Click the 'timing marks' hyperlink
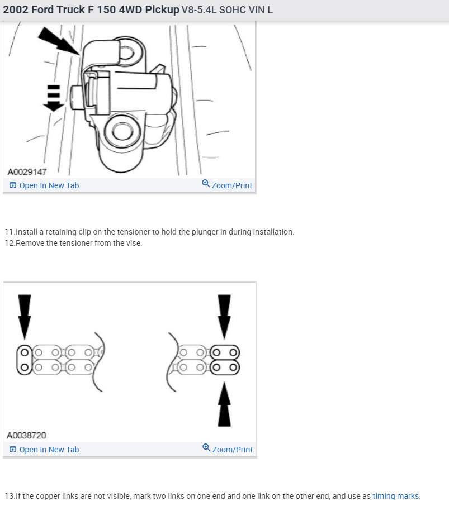[396, 496]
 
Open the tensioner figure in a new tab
[44, 185]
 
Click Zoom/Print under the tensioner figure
[227, 185]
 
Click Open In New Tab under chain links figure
[44, 450]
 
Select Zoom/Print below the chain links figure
[227, 450]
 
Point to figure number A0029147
[27, 171]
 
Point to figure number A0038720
[27, 436]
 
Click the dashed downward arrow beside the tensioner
[54, 98]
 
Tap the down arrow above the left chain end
[25, 316]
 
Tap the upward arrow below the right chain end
[224, 404]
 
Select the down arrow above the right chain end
[224, 316]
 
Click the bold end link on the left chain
[24, 360]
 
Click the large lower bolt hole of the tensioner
[122, 132]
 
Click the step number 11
[10, 232]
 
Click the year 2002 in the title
[15, 10]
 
